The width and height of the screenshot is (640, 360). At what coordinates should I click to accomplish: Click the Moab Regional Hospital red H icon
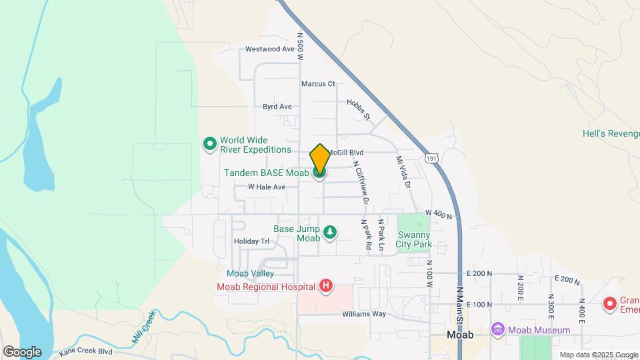click(x=326, y=287)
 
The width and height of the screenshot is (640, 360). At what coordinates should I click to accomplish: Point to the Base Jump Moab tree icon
click(x=329, y=233)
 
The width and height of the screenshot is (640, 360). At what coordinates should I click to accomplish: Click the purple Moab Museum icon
click(x=497, y=329)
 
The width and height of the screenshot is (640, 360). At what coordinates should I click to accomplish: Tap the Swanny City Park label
click(x=415, y=239)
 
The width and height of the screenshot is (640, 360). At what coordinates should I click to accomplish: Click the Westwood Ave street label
click(x=269, y=49)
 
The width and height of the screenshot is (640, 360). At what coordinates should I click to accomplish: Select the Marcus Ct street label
click(x=318, y=84)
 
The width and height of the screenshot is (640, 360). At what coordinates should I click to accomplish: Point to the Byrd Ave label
click(x=277, y=107)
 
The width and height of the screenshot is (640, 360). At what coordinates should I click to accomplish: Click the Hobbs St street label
click(x=358, y=110)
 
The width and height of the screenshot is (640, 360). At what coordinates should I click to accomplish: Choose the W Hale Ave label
click(x=267, y=187)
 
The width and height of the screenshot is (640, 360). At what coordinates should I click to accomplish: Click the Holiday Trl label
click(x=251, y=241)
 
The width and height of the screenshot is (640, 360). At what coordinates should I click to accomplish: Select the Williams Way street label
click(x=364, y=314)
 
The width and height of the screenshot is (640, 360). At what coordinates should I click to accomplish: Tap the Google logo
click(x=22, y=351)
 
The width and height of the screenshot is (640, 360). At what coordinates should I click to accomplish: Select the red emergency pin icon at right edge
click(x=609, y=304)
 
